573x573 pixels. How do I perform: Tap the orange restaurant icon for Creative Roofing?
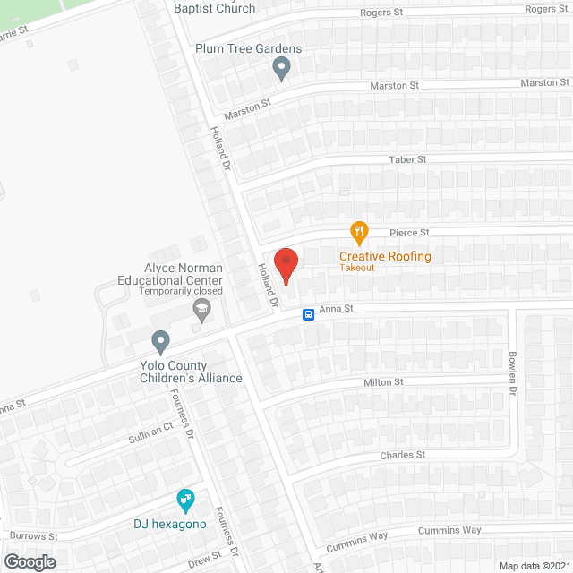[x=359, y=233]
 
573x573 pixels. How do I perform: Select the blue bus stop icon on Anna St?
[x=307, y=314]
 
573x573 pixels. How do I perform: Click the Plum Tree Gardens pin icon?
[x=281, y=68]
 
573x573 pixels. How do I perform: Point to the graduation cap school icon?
[x=201, y=311]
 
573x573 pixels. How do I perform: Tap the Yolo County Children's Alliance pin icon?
[x=160, y=341]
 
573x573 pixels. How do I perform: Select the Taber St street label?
[x=407, y=159]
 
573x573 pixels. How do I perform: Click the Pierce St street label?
[x=410, y=233]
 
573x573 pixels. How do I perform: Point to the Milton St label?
[x=383, y=382]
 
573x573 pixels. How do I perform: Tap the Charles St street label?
[x=403, y=455]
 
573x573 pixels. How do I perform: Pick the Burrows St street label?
[x=35, y=537]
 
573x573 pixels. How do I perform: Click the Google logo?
[x=30, y=561]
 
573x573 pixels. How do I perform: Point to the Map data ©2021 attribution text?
[x=533, y=565]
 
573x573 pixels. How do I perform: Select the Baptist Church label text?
[x=215, y=8]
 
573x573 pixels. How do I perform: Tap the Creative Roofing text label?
[x=385, y=256]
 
